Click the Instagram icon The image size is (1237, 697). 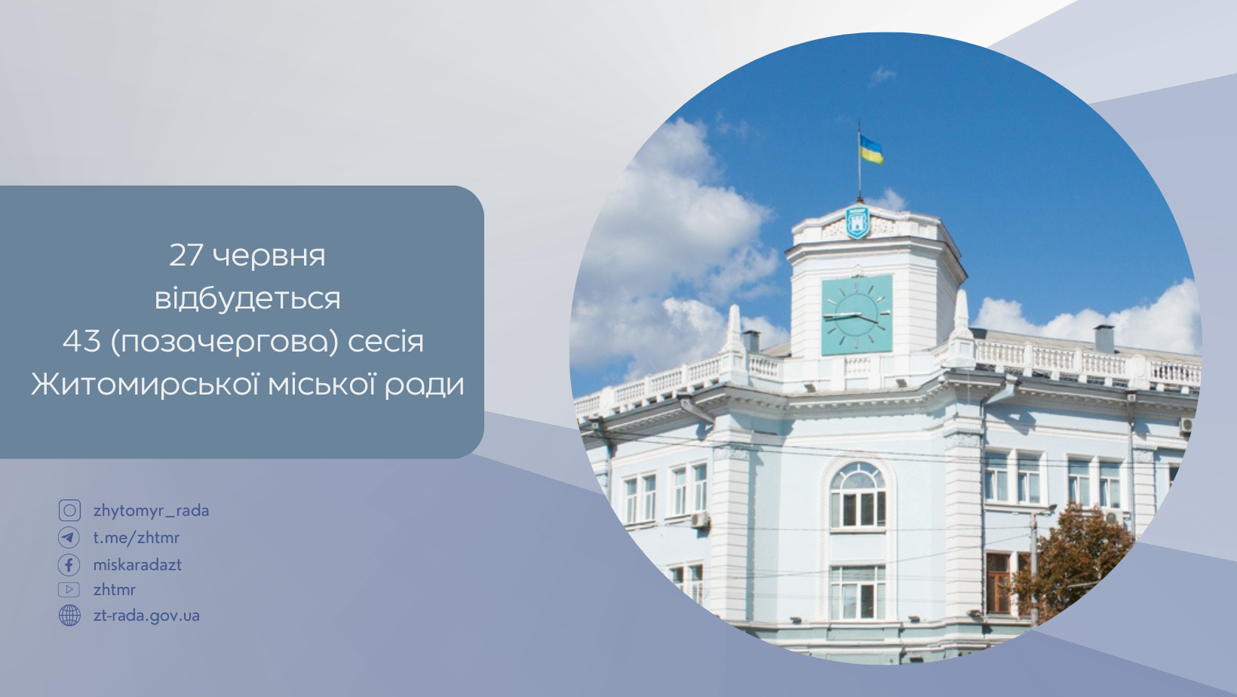(x=69, y=511)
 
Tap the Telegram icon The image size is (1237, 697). (x=69, y=537)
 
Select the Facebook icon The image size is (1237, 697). (x=69, y=565)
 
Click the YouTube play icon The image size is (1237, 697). (x=69, y=590)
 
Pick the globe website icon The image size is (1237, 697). (x=69, y=616)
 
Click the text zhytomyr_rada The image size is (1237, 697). (x=152, y=511)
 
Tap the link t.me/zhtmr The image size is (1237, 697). (x=137, y=537)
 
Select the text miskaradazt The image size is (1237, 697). (x=137, y=564)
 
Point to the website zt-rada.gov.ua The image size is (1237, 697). (x=146, y=616)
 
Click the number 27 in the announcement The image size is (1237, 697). (x=186, y=255)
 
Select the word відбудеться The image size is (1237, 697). (x=247, y=298)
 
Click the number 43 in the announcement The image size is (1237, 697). (x=81, y=341)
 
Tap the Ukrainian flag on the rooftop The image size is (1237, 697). (x=871, y=149)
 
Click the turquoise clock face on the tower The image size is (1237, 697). (x=857, y=315)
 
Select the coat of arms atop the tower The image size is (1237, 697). (x=858, y=222)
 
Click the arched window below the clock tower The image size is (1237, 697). (x=858, y=496)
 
